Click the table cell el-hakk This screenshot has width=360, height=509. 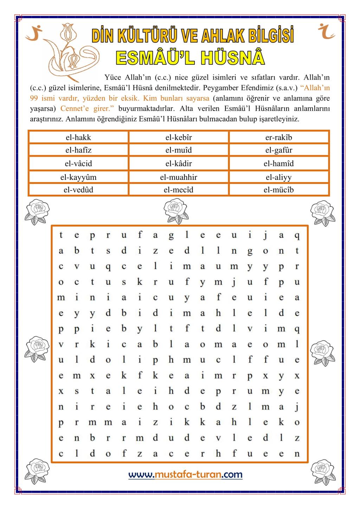[78, 137]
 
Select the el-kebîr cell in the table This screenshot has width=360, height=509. [179, 137]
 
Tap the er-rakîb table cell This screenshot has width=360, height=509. [279, 137]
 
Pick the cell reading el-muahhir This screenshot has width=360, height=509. [179, 177]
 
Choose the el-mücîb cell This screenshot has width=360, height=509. [279, 190]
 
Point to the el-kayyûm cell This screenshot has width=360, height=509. [78, 177]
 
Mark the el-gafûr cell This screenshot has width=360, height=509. [279, 150]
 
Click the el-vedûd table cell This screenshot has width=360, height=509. [78, 190]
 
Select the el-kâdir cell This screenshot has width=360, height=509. [179, 164]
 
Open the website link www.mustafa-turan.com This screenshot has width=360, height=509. [185, 475]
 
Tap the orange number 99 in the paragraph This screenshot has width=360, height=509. [34, 98]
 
